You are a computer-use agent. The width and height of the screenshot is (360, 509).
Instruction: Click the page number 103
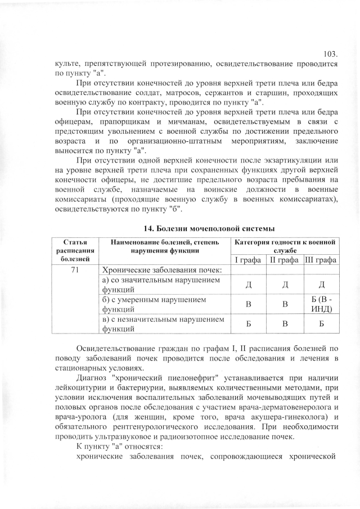coord(331,54)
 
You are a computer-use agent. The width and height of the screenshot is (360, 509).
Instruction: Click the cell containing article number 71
coord(74,270)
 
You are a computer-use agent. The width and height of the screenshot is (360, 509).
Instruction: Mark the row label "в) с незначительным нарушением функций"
coord(159,324)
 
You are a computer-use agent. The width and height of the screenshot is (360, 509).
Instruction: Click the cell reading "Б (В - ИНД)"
coord(321,304)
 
